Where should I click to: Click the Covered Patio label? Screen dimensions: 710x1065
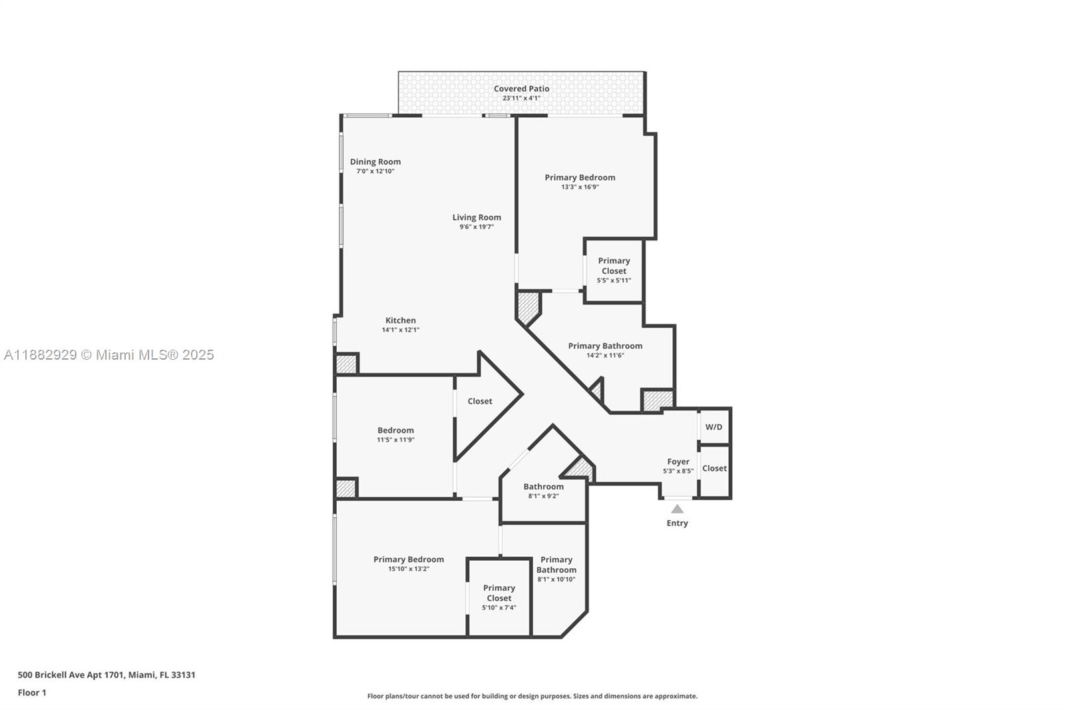pos(521,89)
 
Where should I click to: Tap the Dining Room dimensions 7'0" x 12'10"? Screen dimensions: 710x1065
pos(375,171)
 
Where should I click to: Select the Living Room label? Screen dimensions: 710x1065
pos(477,217)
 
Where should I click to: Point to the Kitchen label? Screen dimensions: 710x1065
pos(400,320)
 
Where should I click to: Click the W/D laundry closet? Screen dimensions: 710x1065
pos(714,427)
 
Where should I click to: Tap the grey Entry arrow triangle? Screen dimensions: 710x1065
pos(677,509)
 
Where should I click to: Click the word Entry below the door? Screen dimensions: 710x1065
pos(677,523)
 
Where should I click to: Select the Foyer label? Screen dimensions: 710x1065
pos(678,462)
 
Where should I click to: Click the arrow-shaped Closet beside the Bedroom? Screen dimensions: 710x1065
pos(480,401)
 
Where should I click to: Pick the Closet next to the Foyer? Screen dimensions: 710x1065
pos(714,468)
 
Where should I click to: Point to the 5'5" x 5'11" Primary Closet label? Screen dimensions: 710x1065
pos(614,270)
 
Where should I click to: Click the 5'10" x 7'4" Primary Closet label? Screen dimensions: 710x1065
pos(499,597)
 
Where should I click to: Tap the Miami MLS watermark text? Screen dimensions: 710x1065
pos(109,355)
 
